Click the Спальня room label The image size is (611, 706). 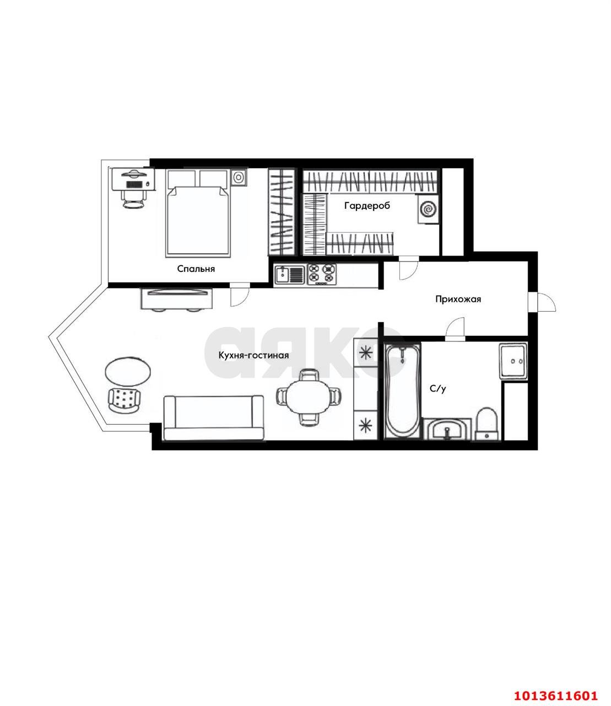pyautogui.click(x=196, y=269)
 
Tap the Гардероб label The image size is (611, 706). pyautogui.click(x=367, y=206)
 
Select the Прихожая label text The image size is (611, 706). pyautogui.click(x=458, y=299)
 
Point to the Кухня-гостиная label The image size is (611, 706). pyautogui.click(x=253, y=355)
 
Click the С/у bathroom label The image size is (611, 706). pyautogui.click(x=437, y=388)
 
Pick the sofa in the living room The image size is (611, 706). pyautogui.click(x=214, y=418)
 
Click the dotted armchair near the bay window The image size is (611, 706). pyautogui.click(x=124, y=400)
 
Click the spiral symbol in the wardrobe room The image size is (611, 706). pyautogui.click(x=428, y=209)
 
